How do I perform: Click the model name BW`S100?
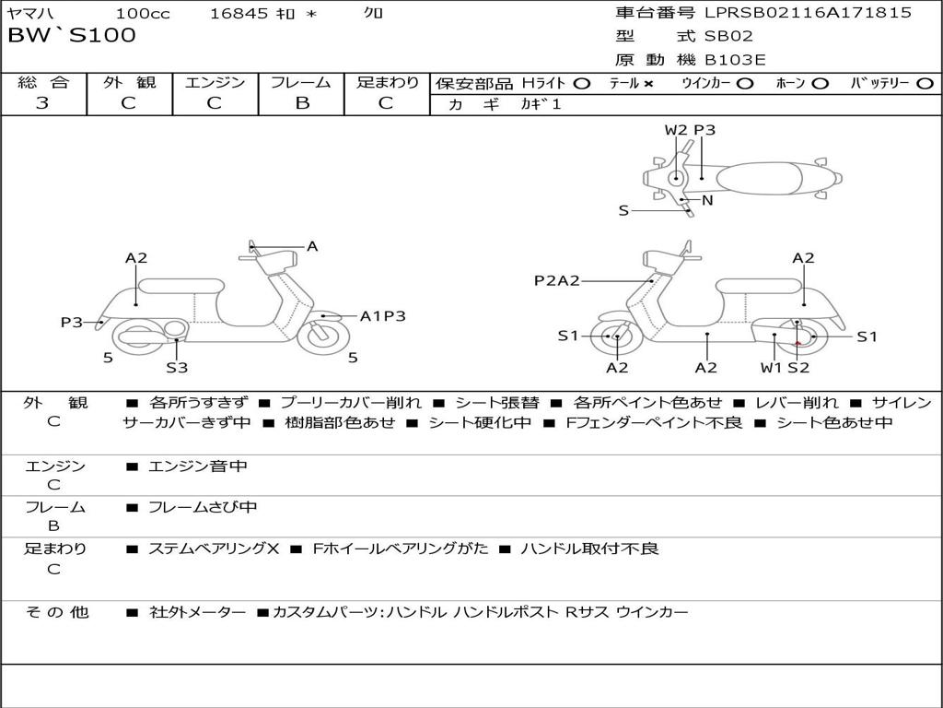click(72, 36)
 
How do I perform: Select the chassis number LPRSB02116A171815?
click(808, 13)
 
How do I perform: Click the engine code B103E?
click(735, 61)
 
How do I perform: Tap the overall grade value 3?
click(42, 103)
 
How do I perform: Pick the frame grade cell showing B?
click(301, 103)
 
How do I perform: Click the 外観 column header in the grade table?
click(129, 83)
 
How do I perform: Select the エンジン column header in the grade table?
click(215, 83)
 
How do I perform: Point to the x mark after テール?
click(648, 84)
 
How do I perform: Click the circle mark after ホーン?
click(821, 84)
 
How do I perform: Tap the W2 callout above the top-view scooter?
click(676, 130)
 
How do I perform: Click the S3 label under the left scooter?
click(177, 368)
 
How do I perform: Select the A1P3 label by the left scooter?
click(382, 316)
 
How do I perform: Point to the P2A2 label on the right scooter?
click(557, 281)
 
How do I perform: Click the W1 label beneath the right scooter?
click(770, 368)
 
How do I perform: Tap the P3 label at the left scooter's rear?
click(72, 322)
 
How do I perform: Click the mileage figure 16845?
click(239, 14)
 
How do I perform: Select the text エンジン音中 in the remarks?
click(198, 466)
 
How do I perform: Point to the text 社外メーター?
click(198, 612)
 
